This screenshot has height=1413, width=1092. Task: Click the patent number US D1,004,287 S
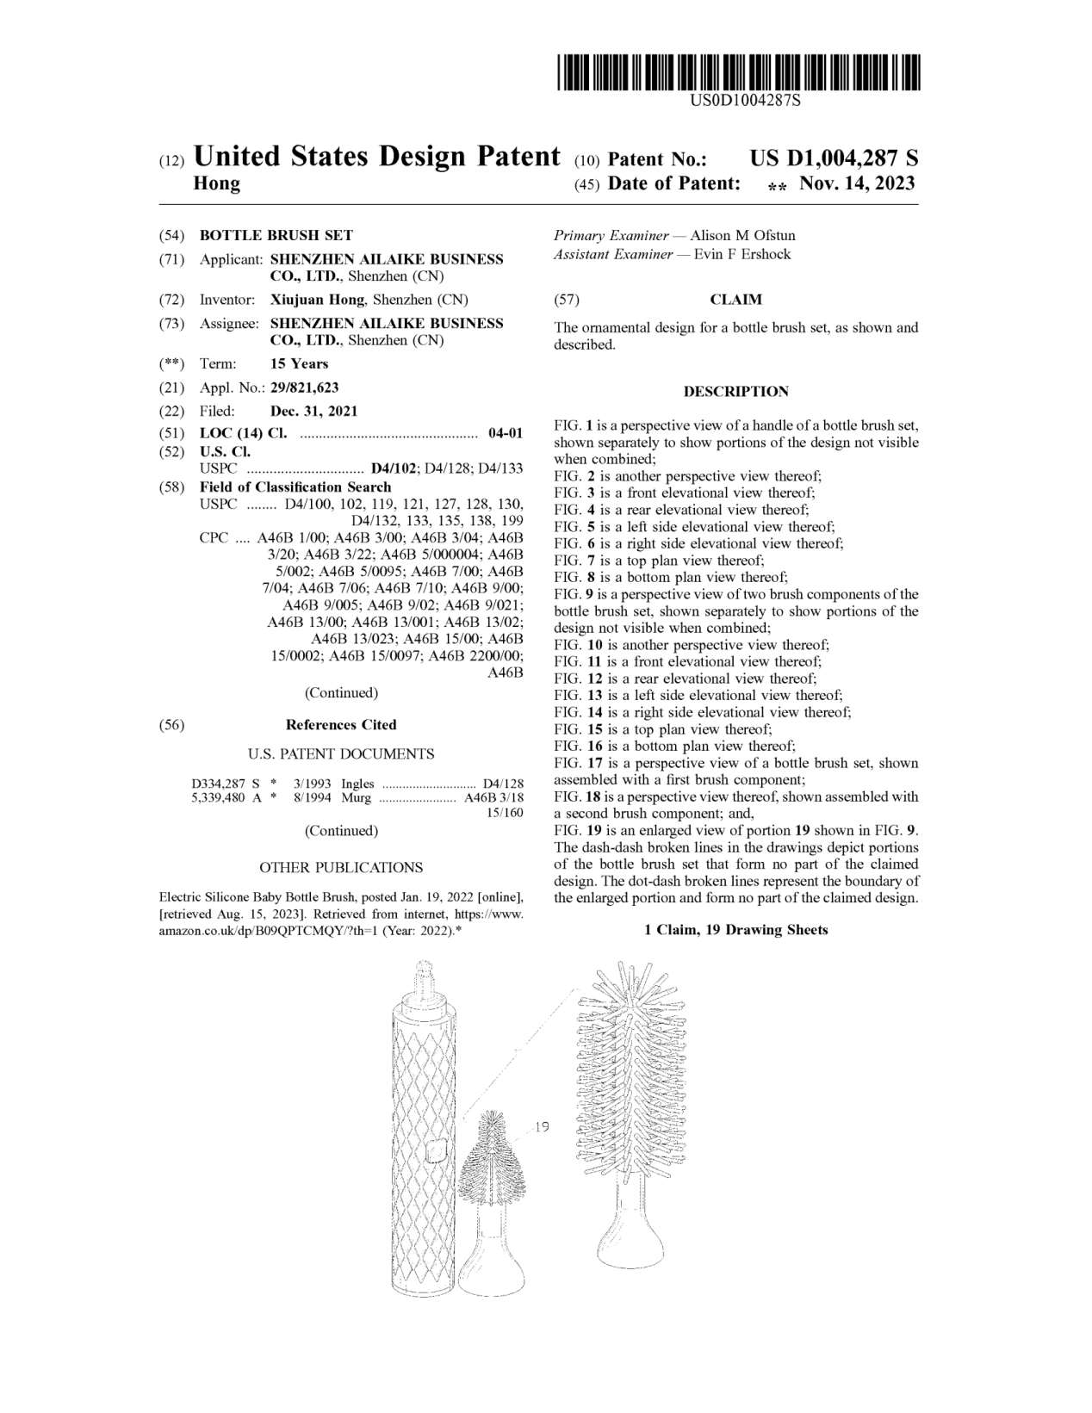834,158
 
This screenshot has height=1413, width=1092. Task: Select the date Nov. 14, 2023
857,183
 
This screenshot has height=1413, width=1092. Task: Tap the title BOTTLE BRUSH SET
276,235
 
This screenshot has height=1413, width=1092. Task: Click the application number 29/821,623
305,387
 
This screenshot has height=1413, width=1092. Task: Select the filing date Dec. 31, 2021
313,411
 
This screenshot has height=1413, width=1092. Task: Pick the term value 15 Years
299,363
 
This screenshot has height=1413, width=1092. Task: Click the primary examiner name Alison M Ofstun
742,235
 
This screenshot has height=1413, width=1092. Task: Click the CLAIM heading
735,300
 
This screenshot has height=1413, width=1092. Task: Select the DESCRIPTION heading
735,392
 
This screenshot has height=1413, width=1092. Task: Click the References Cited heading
341,725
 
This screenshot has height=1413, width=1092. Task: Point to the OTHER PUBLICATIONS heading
341,867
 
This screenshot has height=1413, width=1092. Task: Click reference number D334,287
219,784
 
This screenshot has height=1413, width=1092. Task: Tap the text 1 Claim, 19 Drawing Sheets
735,930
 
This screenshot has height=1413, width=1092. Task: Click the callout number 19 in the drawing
542,1126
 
